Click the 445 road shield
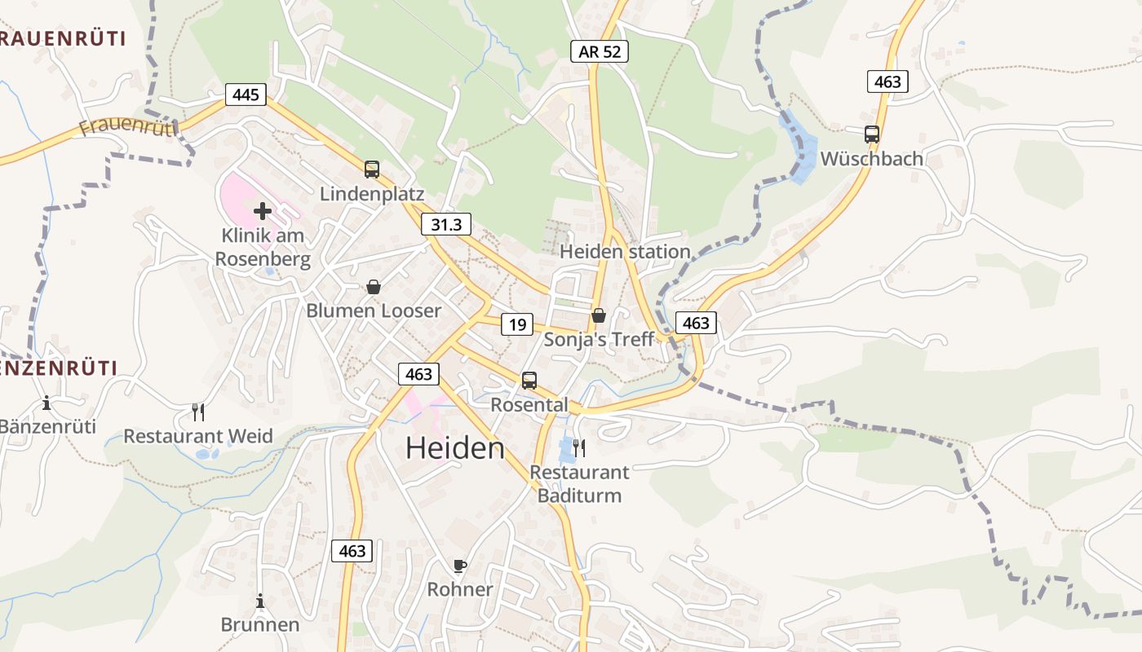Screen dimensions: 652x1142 pos(245,95)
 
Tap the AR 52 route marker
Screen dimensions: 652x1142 pos(599,51)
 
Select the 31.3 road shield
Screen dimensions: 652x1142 pos(446,225)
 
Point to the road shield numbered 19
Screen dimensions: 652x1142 pos(517,324)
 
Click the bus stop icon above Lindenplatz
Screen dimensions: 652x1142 pos(372,170)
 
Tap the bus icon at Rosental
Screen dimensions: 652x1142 pos(529,380)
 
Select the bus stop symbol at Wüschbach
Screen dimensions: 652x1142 pos(872,134)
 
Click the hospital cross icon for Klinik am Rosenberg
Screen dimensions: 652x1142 pos(263,211)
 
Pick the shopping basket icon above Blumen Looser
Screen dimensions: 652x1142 pos(374,287)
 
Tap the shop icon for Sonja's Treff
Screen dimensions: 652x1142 pos(599,315)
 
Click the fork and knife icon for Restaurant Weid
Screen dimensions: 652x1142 pos(197,412)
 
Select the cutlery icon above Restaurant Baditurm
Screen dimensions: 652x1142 pos(579,447)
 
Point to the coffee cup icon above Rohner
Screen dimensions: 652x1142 pos(460,566)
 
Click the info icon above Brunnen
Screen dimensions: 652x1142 pos(260,601)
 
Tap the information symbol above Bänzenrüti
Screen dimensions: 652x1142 pos(46,403)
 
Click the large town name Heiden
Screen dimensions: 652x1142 pos(455,448)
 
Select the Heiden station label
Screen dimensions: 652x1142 pos(625,252)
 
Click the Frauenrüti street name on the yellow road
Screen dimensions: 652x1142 pos(129,126)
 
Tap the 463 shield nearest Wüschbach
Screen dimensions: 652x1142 pos(887,81)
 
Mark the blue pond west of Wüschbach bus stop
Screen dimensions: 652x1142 pos(798,147)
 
